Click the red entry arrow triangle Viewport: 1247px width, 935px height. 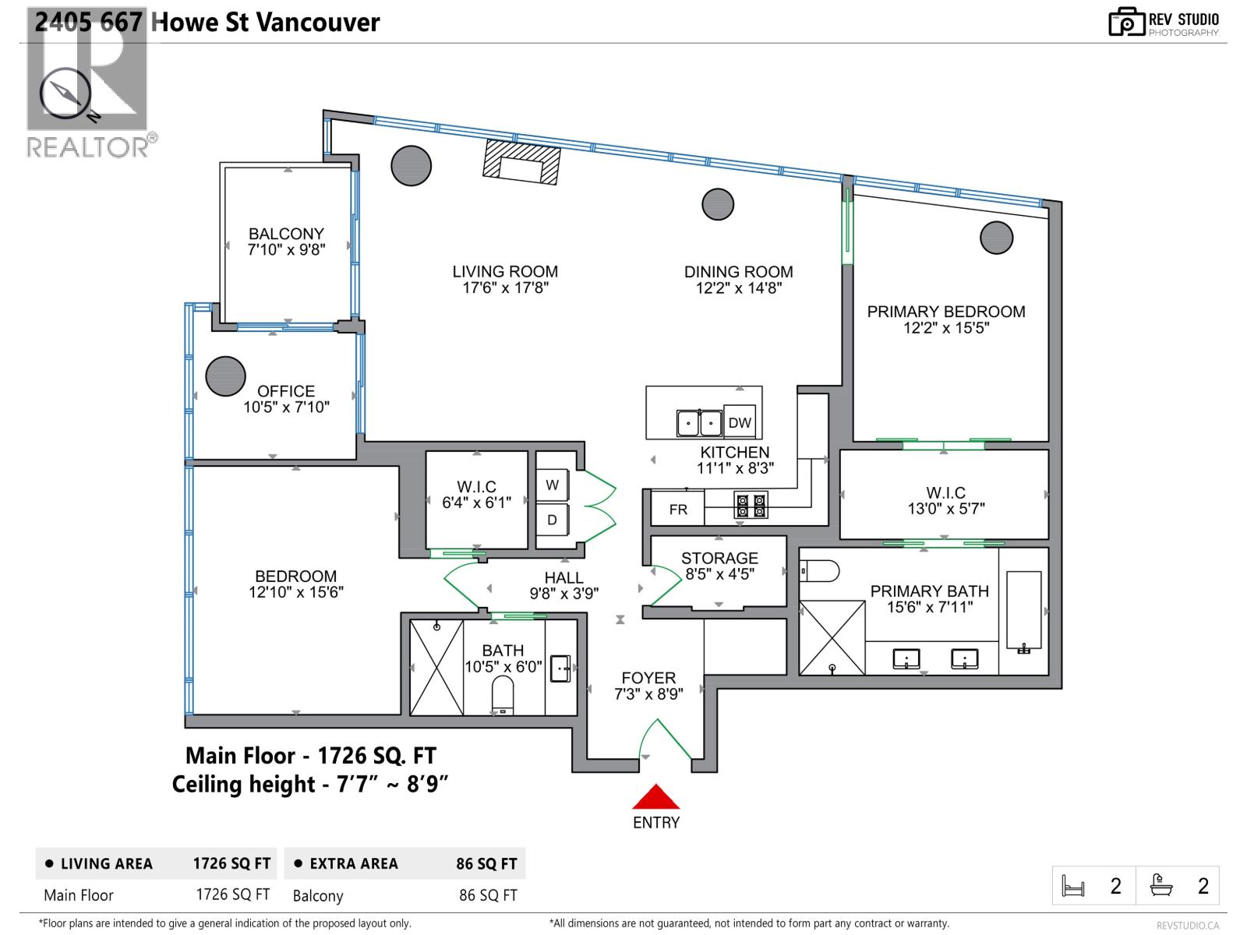pos(655,798)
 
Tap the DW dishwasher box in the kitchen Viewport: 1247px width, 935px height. pos(740,422)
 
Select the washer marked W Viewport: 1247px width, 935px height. pos(552,485)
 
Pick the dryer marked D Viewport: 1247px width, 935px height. pos(552,520)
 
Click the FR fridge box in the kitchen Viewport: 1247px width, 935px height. pos(678,509)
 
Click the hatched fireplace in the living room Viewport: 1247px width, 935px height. pos(521,162)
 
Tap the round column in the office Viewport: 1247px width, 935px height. pos(225,376)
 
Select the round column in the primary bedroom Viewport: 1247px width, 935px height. pos(996,237)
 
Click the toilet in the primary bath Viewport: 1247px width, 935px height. pos(819,571)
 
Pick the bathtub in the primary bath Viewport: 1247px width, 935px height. pos(1023,612)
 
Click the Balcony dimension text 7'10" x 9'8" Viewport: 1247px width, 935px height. pos(286,250)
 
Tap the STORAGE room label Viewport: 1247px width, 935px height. pos(719,558)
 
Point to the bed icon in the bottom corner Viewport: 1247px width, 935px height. pos(1073,886)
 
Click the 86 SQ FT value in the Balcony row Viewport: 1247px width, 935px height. pos(488,895)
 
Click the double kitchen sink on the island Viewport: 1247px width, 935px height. pos(699,423)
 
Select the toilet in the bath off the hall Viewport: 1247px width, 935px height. pos(503,693)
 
